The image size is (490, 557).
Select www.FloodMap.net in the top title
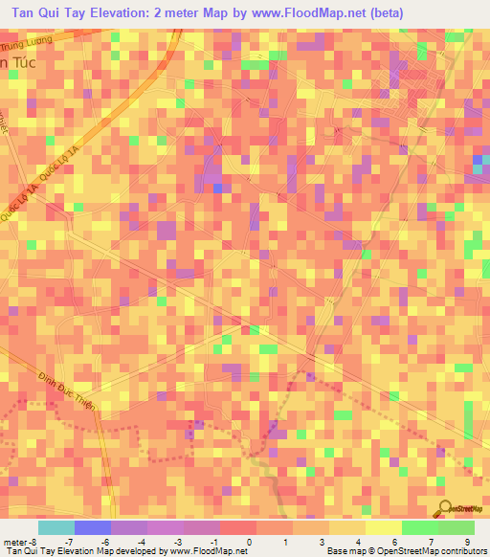tap(307, 13)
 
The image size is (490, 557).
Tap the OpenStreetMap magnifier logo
tap(445, 507)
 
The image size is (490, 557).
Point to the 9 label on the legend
tap(466, 543)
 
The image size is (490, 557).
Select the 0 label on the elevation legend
tap(250, 543)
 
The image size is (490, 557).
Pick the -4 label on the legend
tap(141, 543)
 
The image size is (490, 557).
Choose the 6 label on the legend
tap(394, 543)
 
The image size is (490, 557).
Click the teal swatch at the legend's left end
tap(56, 527)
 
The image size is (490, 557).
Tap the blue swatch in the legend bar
tap(92, 527)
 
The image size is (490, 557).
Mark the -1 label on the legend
tap(213, 543)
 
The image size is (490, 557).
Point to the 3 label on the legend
tap(323, 543)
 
